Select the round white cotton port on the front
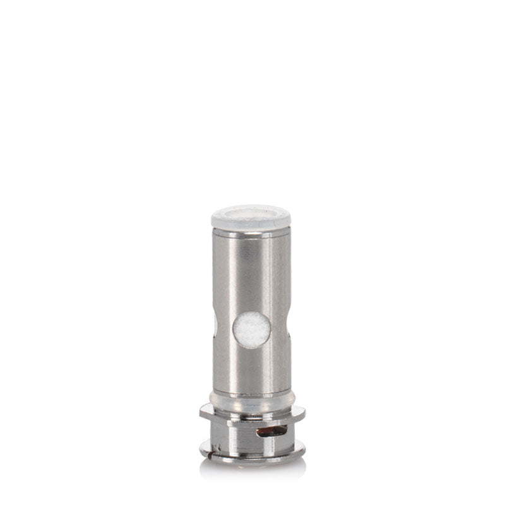click(x=252, y=330)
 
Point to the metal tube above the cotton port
click(x=252, y=271)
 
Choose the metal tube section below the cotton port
click(x=252, y=369)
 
